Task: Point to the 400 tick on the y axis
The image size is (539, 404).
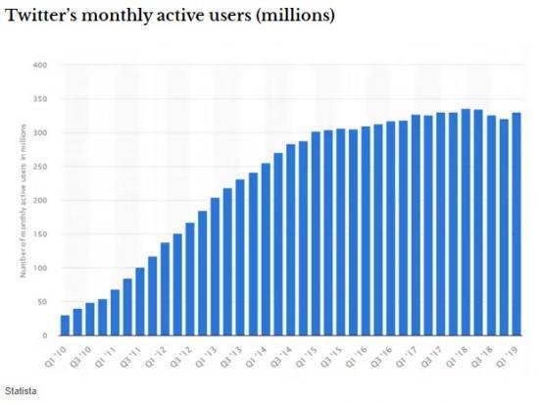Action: click(x=41, y=66)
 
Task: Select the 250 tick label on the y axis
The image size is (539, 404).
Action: click(x=41, y=167)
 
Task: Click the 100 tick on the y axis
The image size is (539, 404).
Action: click(x=41, y=268)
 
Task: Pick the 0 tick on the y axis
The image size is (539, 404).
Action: click(x=45, y=335)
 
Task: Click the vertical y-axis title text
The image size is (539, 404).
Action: click(x=22, y=202)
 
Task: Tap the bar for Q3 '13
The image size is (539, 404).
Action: click(x=240, y=257)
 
